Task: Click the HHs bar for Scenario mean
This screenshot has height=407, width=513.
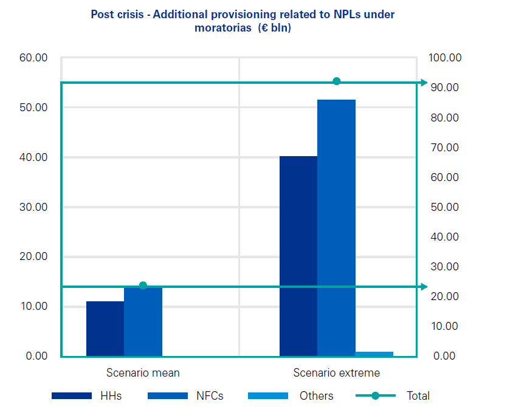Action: pyautogui.click(x=105, y=328)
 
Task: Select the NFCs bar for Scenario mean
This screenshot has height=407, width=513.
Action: pyautogui.click(x=143, y=321)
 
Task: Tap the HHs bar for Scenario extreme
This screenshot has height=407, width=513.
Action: pyautogui.click(x=298, y=256)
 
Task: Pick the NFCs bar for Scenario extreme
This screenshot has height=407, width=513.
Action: pyautogui.click(x=336, y=228)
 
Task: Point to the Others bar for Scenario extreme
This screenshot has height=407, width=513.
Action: pyautogui.click(x=374, y=354)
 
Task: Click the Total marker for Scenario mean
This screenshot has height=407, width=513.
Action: pyautogui.click(x=143, y=286)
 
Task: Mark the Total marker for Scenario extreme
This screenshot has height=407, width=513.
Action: pyautogui.click(x=336, y=81)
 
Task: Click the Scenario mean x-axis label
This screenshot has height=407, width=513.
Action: pyautogui.click(x=143, y=373)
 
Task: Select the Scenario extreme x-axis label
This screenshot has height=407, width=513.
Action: pyautogui.click(x=336, y=373)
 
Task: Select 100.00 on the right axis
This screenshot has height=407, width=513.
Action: pyautogui.click(x=445, y=58)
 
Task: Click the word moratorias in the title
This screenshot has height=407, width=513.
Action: pyautogui.click(x=219, y=28)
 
